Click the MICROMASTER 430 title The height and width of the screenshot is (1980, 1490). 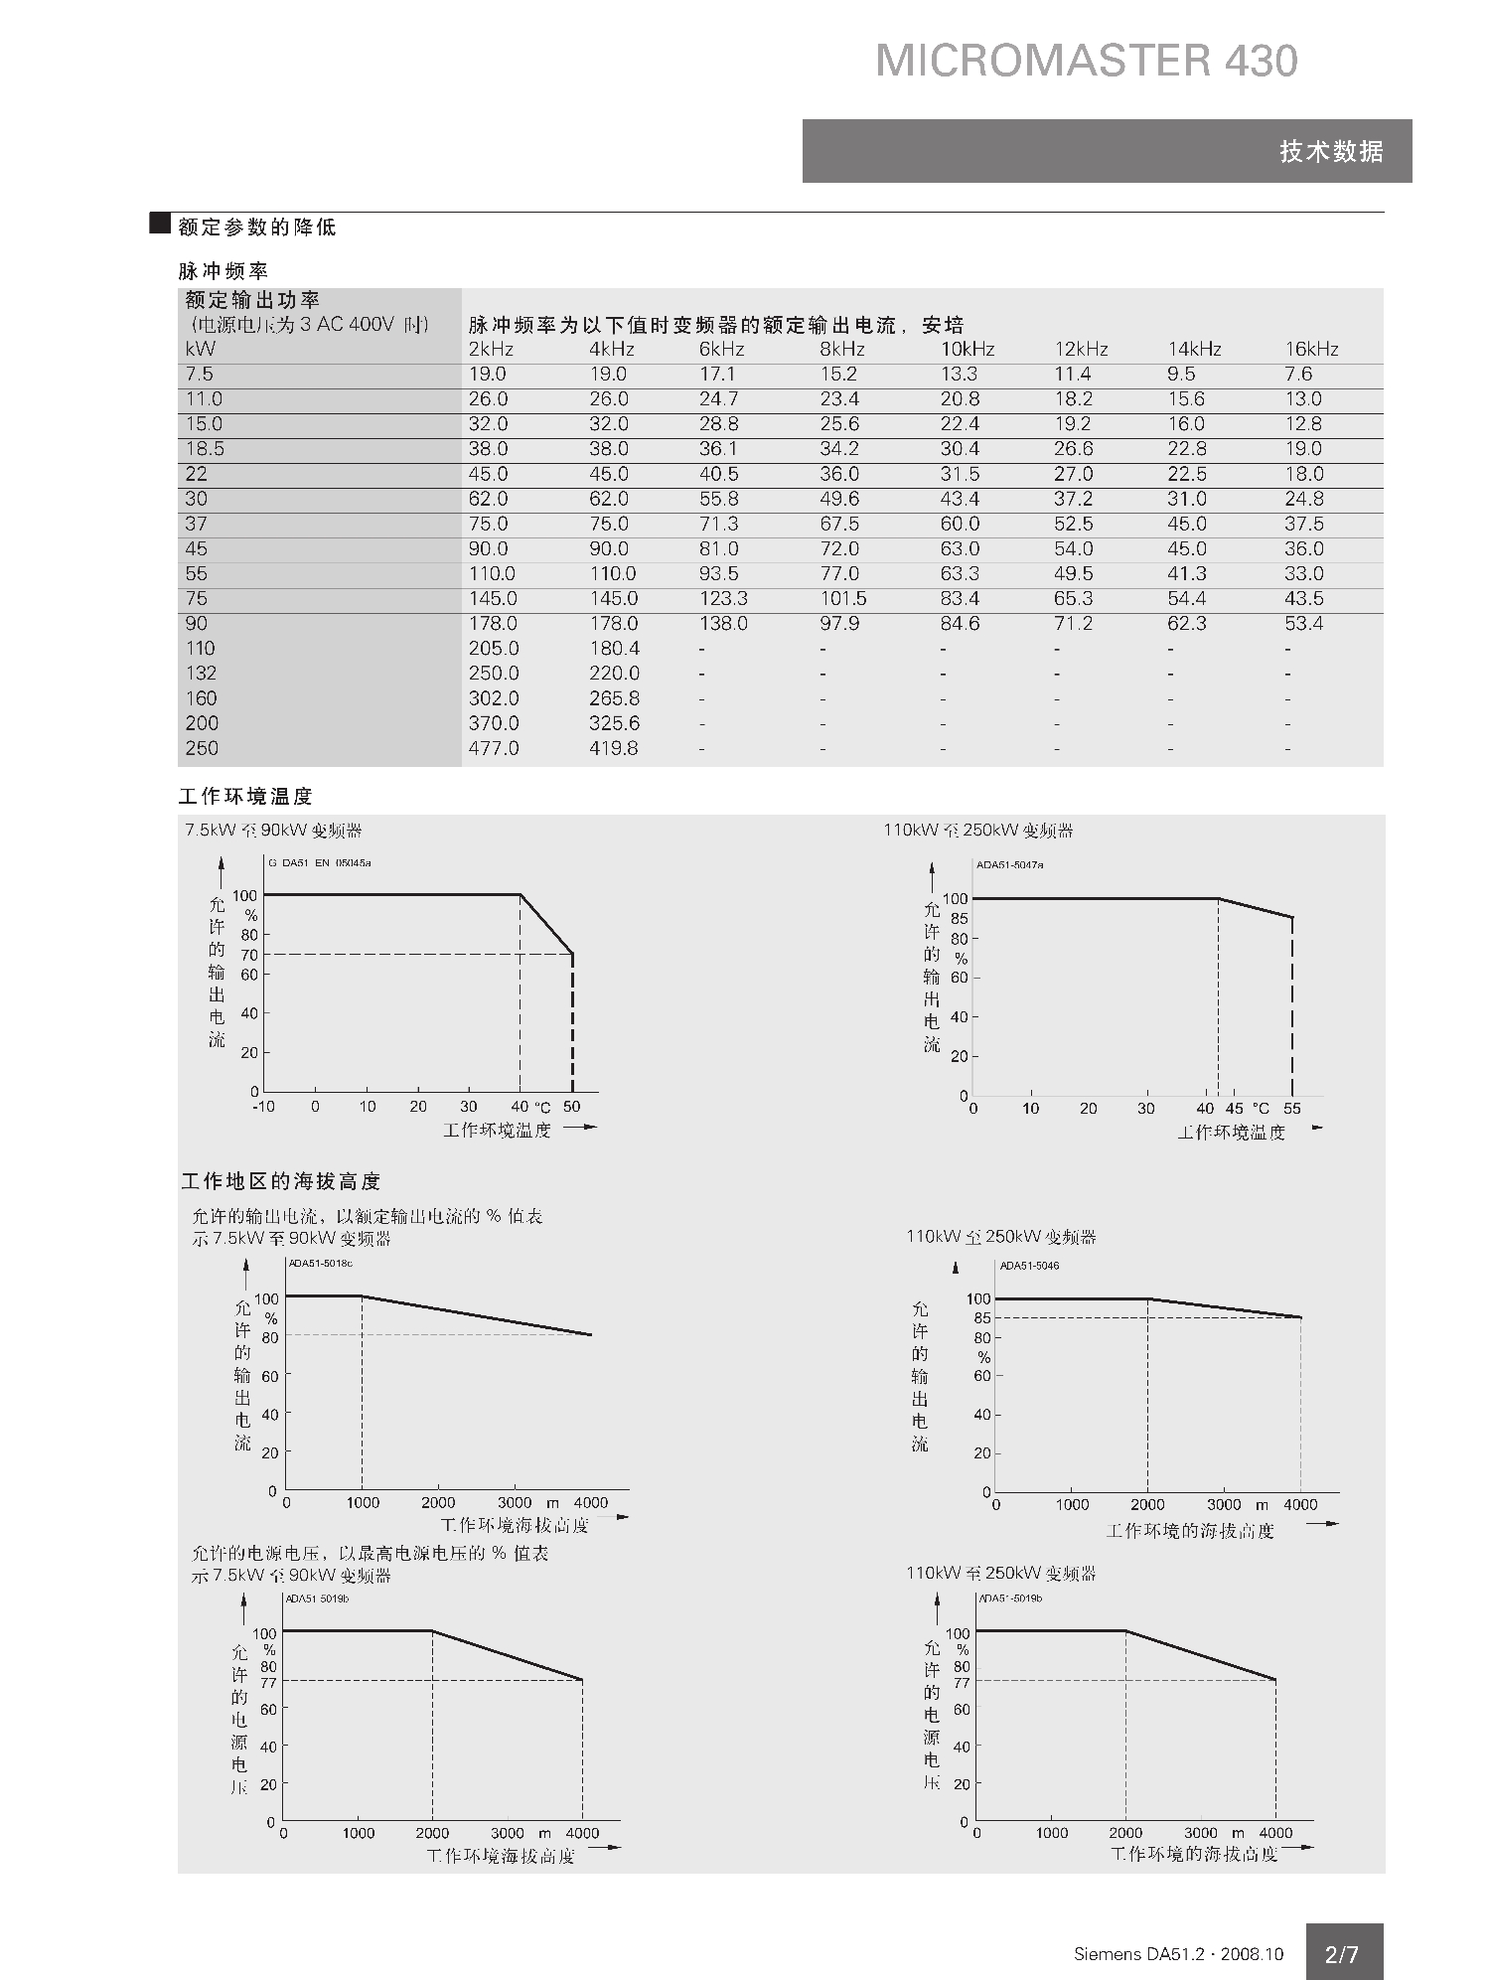(x=1086, y=62)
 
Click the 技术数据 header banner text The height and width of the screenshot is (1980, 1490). (x=1330, y=152)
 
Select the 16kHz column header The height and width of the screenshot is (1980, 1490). (x=1311, y=350)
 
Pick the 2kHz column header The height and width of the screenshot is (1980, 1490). (x=491, y=350)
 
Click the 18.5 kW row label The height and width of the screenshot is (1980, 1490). (x=205, y=449)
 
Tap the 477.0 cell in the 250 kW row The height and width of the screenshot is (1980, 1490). (x=493, y=748)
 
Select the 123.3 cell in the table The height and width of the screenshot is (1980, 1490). (x=722, y=599)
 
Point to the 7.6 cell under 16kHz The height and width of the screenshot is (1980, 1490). (x=1298, y=375)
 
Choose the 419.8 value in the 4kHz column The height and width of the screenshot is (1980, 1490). (x=613, y=748)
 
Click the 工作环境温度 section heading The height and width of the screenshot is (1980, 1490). (x=245, y=797)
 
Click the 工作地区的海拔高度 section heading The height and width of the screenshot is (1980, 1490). (x=281, y=1181)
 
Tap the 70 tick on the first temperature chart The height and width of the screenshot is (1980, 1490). (x=248, y=956)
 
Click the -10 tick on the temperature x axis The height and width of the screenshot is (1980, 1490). (x=263, y=1107)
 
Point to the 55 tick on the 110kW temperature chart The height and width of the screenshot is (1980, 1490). (x=1291, y=1109)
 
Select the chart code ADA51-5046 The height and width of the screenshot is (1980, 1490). (x=1029, y=1266)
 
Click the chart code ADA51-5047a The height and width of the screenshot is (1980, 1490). (x=1009, y=865)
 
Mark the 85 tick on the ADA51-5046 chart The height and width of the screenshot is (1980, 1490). (x=981, y=1318)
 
